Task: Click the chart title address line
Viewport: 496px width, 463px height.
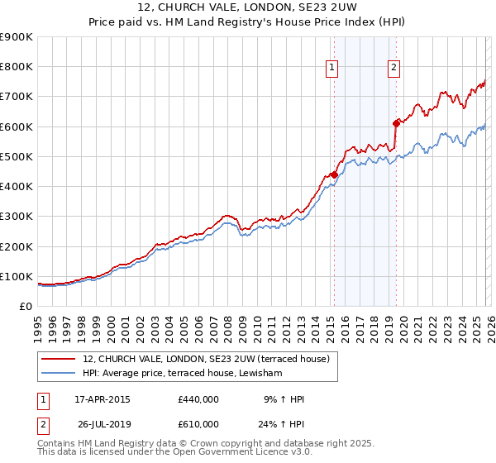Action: pyautogui.click(x=248, y=8)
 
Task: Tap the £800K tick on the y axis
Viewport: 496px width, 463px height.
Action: pyautogui.click(x=17, y=67)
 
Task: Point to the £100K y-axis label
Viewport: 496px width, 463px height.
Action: pyautogui.click(x=17, y=276)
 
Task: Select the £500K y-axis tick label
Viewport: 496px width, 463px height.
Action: pyautogui.click(x=17, y=156)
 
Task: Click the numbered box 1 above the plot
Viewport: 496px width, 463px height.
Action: pyautogui.click(x=331, y=68)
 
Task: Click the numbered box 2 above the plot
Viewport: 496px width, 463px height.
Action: pyautogui.click(x=393, y=68)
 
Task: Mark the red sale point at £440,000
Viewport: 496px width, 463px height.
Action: pyautogui.click(x=334, y=174)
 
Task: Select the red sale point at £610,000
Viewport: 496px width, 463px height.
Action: pyautogui.click(x=396, y=123)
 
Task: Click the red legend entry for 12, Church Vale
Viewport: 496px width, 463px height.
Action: pyautogui.click(x=207, y=359)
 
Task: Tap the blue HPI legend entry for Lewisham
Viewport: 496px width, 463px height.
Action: pyautogui.click(x=183, y=374)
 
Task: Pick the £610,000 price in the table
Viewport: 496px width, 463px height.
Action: pyautogui.click(x=198, y=423)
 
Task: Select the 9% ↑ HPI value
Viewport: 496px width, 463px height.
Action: pyautogui.click(x=284, y=399)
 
